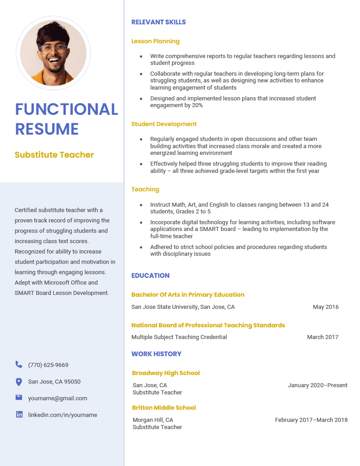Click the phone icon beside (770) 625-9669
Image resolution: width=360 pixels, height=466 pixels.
coord(19,365)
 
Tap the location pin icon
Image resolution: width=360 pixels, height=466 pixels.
coord(19,382)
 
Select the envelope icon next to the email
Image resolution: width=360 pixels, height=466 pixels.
coord(19,398)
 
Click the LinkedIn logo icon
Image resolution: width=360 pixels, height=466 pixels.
coord(19,415)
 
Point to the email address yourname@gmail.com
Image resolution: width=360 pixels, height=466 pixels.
coord(58,398)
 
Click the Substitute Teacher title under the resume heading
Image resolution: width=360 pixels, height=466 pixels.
coord(54,155)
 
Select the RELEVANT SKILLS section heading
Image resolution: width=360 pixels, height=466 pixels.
coord(158,22)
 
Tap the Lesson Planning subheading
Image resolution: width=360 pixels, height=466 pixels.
coord(155,41)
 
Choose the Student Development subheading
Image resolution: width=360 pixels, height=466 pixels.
coord(164,124)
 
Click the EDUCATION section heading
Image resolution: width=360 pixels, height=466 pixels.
coord(150,276)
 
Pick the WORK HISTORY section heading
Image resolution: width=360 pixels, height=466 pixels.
coord(156,354)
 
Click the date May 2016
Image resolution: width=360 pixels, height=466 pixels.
coord(326,307)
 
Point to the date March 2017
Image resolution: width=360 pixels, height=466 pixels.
coord(323,337)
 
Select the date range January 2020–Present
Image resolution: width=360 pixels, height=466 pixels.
coord(318,385)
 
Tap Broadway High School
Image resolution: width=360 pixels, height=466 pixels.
coord(166,373)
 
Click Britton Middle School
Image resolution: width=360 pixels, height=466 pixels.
coord(164,408)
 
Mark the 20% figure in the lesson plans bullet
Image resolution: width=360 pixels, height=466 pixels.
coord(197,105)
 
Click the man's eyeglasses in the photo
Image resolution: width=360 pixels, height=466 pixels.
coord(53,49)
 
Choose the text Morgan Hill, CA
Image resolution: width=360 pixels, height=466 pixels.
coord(153,420)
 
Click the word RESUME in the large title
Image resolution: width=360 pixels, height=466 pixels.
coord(47,129)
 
